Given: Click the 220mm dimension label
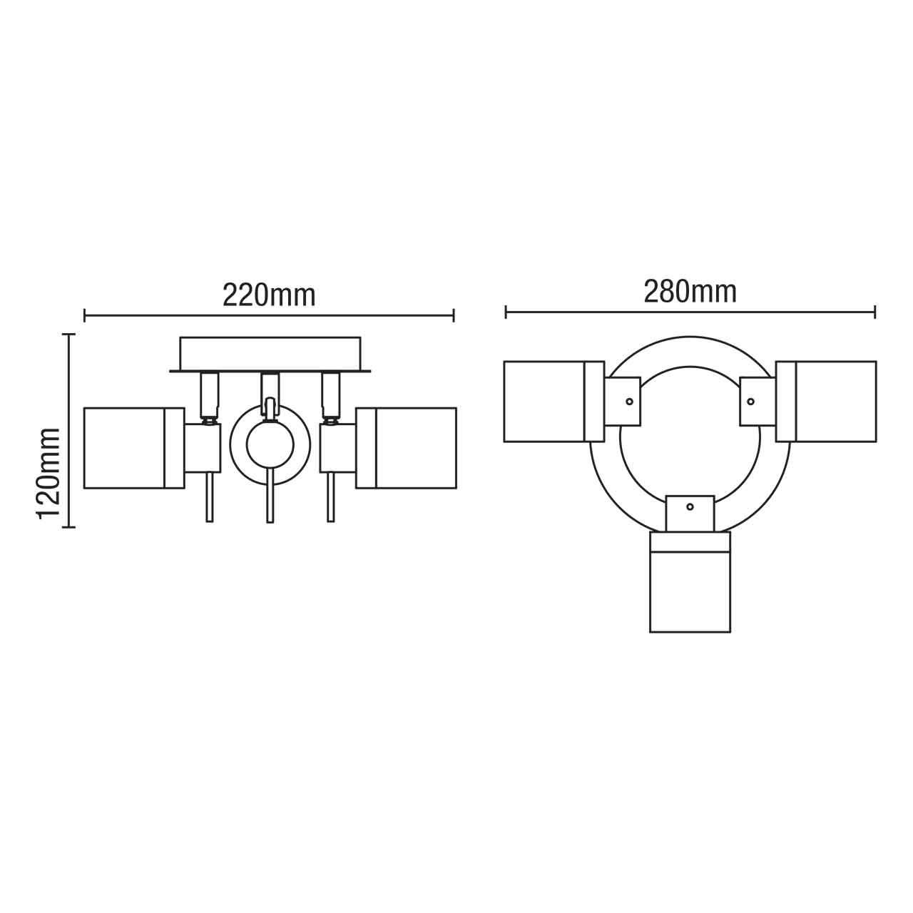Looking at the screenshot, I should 269,294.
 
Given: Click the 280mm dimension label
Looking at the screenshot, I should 690,291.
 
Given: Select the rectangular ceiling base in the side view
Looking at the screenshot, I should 270,353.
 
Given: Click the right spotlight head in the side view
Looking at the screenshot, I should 406,448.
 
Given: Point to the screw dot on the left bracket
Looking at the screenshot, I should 629,402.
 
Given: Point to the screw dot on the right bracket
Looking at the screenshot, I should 750,402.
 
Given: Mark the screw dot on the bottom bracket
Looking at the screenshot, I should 689,506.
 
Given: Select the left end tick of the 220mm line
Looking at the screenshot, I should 85,315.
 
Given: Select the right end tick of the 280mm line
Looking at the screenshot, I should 875,312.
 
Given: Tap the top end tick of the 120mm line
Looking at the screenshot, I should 68,334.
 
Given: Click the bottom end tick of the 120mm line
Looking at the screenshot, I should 68,527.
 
